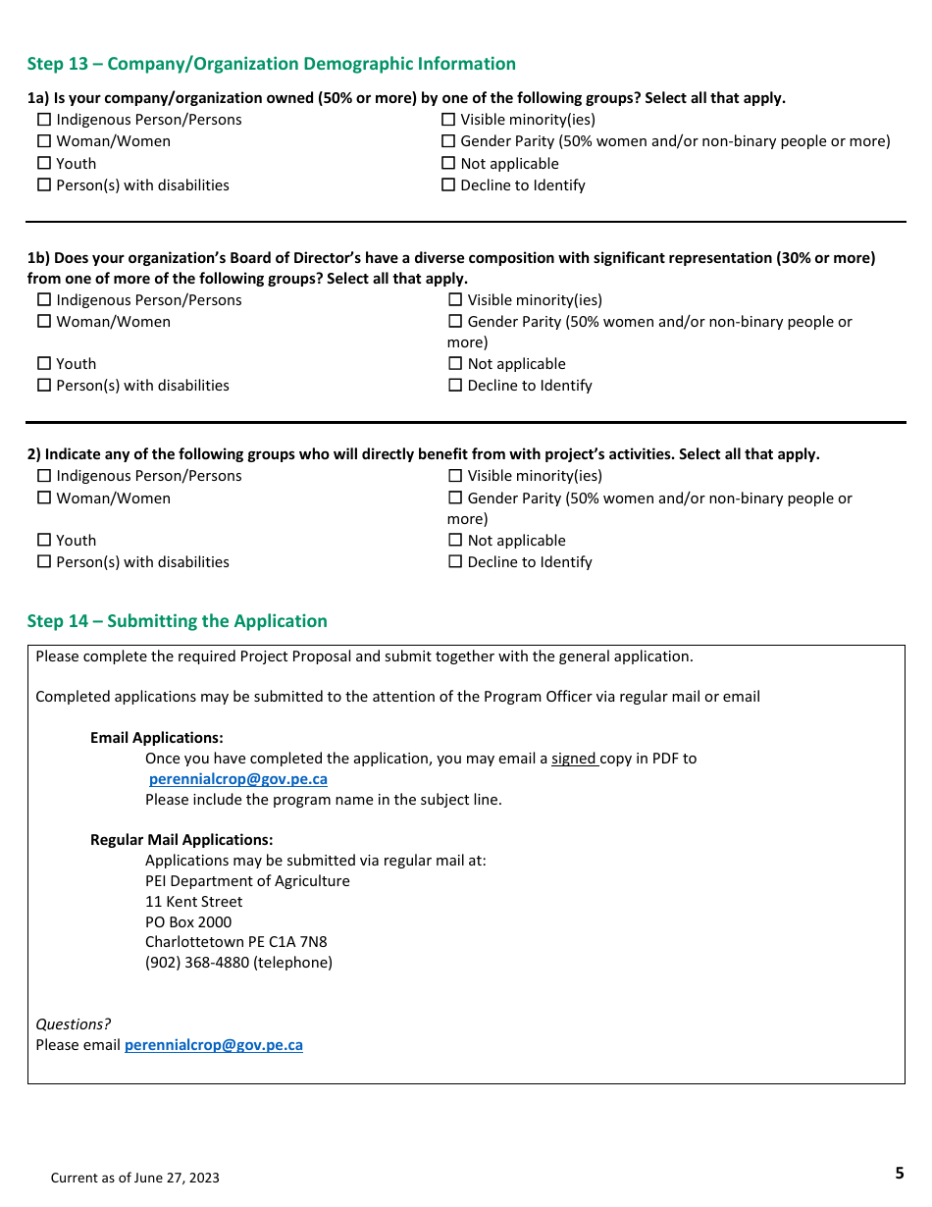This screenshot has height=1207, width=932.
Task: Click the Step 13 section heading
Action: click(x=271, y=64)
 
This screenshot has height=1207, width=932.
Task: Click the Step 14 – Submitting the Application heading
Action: click(x=177, y=621)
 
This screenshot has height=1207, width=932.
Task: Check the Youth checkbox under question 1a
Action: click(x=43, y=164)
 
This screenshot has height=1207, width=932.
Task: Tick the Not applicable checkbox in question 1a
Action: click(x=448, y=164)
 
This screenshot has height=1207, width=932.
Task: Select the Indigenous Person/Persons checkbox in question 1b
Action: click(x=43, y=300)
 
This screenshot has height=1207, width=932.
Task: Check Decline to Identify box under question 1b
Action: click(x=455, y=386)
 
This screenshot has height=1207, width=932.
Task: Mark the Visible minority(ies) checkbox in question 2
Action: click(x=455, y=476)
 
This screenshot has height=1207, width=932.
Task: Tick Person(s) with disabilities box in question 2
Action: click(x=43, y=562)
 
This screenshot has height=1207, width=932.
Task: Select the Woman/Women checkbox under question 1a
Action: click(x=43, y=141)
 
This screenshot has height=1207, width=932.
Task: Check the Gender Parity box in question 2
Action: click(x=455, y=499)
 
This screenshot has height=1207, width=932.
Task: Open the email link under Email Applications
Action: click(x=237, y=779)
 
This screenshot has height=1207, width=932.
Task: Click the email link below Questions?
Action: click(x=213, y=1045)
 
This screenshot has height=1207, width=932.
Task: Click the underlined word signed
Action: click(x=574, y=759)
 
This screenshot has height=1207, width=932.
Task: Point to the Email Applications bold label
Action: click(x=156, y=738)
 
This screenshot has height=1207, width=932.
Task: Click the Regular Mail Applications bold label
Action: click(x=181, y=840)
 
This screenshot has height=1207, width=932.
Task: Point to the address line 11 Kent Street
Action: click(x=193, y=902)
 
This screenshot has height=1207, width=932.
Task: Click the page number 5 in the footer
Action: click(x=899, y=1173)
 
